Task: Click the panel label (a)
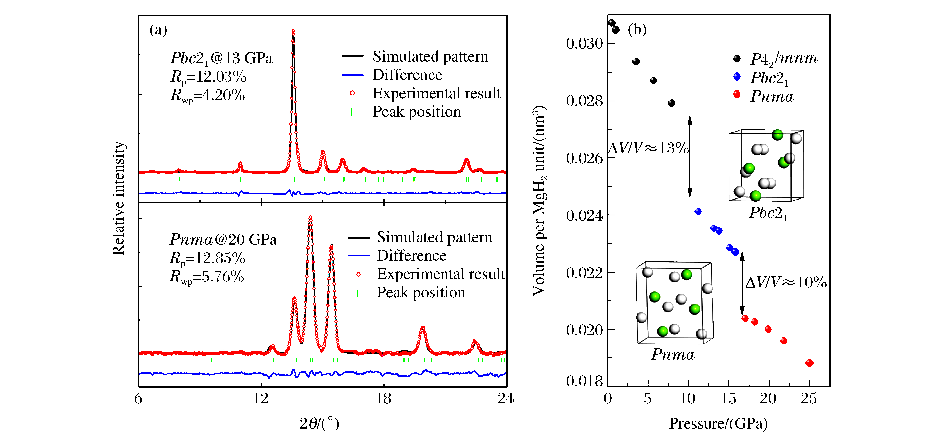tap(158, 30)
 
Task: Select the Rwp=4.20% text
tap(208, 96)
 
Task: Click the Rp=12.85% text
tap(207, 258)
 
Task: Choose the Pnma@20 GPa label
tap(223, 240)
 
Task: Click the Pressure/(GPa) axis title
tap(718, 424)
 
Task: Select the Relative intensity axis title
tap(119, 198)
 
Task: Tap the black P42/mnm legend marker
tap(737, 59)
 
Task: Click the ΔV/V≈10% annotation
tap(786, 282)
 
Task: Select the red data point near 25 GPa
tap(809, 363)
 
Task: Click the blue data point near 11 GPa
tap(698, 212)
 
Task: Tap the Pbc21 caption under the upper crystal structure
tap(768, 213)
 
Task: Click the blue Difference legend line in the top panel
tap(352, 75)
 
